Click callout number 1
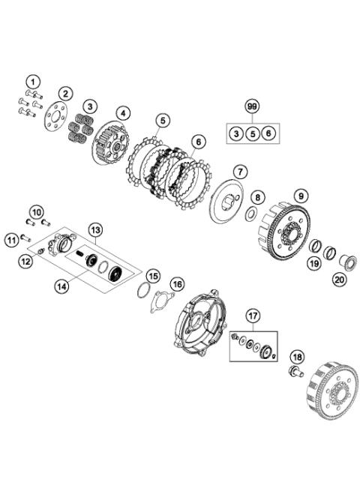click(33, 80)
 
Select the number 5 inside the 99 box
click(252, 133)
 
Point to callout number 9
click(301, 196)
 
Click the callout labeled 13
click(95, 229)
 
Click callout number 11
click(10, 240)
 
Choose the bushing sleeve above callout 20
click(347, 262)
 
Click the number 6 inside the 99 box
click(269, 133)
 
